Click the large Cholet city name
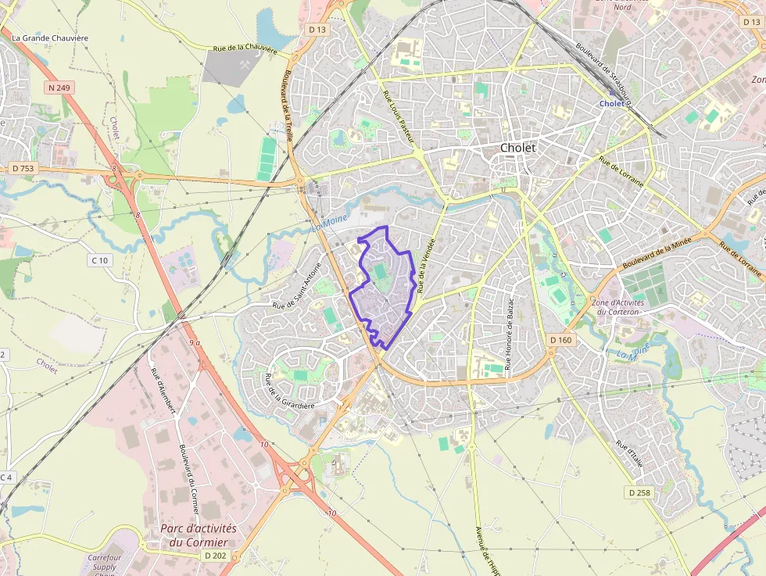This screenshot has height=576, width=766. coord(518,148)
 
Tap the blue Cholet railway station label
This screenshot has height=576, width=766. coord(612,103)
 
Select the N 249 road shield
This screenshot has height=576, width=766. coord(59,88)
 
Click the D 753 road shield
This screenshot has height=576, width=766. coord(23,168)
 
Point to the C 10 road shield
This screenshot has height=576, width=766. coord(98,260)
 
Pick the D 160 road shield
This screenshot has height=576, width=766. coord(560,340)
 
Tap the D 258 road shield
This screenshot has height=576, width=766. coord(639,492)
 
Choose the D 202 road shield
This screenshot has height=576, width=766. coord(214,555)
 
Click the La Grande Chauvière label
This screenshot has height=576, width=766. coord(50,38)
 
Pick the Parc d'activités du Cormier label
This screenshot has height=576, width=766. coord(199,535)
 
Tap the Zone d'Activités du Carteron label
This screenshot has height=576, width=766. coord(617,307)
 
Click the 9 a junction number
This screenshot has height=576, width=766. coord(195,342)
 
